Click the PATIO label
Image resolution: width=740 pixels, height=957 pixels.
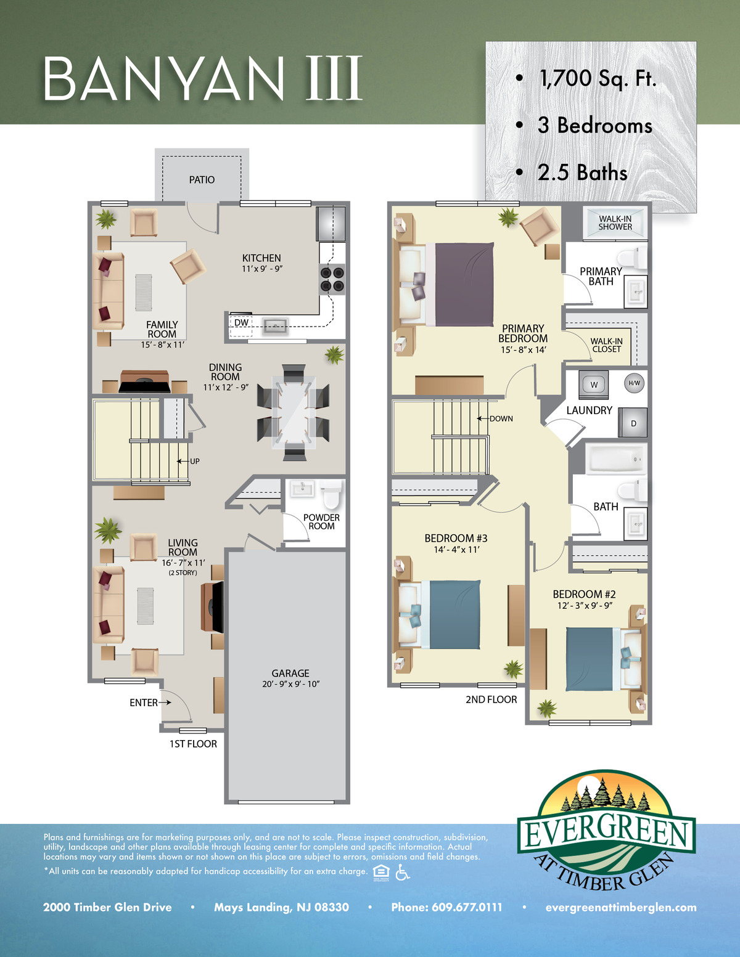(202, 180)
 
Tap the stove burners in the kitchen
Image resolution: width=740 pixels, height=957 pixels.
(332, 279)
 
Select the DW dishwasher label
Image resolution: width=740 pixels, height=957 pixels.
(241, 322)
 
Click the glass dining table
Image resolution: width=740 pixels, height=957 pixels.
(294, 412)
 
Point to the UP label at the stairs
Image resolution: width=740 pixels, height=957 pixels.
(195, 461)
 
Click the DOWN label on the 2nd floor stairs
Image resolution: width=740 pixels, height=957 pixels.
(501, 418)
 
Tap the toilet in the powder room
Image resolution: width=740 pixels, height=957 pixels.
(331, 495)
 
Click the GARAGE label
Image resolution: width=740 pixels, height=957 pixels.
(290, 673)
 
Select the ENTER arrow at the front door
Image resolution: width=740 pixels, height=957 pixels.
(165, 702)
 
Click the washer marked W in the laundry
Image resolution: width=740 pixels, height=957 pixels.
(594, 385)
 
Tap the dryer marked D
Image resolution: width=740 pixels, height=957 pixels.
(633, 423)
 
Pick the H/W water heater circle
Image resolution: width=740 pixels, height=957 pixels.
(634, 383)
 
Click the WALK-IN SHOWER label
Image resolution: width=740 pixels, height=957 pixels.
(615, 223)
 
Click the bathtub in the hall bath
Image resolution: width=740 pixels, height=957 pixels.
(616, 458)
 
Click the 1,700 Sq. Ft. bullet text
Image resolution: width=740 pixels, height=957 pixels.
(598, 79)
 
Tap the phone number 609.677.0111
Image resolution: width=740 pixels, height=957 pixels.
(467, 907)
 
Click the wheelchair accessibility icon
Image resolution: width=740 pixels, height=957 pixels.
(402, 871)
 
